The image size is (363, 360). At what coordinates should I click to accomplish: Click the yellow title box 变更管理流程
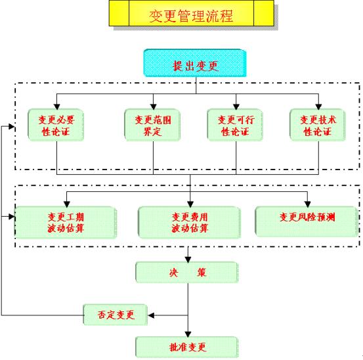click(192, 13)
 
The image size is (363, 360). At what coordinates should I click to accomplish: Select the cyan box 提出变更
click(195, 63)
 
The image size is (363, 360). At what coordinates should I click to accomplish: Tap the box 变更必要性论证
click(56, 125)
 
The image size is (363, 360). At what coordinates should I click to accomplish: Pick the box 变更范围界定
click(152, 125)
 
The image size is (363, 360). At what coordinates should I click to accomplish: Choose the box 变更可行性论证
click(235, 125)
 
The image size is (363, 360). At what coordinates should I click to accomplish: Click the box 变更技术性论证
click(318, 125)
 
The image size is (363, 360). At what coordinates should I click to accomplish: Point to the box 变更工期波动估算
click(66, 223)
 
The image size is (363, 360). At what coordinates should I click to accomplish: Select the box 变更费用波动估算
click(189, 223)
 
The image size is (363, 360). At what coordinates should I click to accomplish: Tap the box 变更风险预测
click(307, 221)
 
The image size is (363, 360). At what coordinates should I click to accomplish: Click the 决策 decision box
click(187, 273)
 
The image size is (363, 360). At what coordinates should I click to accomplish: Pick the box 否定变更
click(116, 315)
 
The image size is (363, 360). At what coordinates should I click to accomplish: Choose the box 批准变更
click(187, 348)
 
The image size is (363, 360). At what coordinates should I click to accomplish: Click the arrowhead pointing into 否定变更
click(151, 315)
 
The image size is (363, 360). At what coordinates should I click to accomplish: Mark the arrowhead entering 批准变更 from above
click(188, 334)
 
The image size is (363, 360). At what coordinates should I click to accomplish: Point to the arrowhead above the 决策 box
click(188, 259)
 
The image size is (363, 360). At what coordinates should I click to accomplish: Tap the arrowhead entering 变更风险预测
click(307, 204)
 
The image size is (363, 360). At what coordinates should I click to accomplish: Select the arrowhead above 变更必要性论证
click(57, 106)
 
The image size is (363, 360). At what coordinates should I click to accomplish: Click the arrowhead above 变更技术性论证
click(318, 106)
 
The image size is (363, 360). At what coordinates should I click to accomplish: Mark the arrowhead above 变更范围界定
click(153, 106)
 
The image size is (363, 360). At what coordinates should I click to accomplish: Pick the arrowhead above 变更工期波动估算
click(67, 204)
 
